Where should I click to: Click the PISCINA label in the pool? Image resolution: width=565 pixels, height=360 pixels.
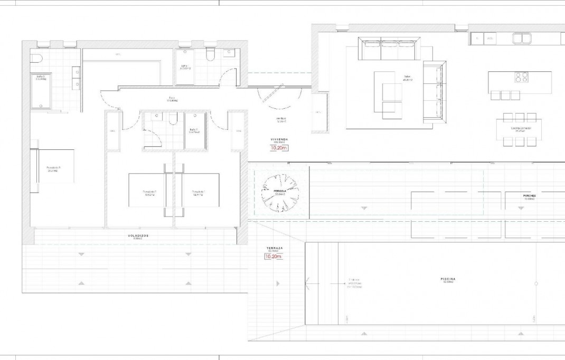pos(448,280)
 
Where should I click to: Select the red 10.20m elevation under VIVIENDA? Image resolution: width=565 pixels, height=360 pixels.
pos(278,148)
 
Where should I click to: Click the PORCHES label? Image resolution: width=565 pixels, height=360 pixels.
pos(529,196)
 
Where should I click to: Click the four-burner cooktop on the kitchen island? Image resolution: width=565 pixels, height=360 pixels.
pos(522,78)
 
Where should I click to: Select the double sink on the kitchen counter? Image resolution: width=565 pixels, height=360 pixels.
pos(522,38)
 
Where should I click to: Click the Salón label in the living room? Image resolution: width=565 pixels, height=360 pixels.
pos(407,77)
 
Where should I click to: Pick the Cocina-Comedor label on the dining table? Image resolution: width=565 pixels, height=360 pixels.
pos(521,128)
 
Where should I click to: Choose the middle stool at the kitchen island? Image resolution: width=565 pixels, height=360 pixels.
pos(505,96)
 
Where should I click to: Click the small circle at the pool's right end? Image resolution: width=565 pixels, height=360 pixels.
pos(536,283)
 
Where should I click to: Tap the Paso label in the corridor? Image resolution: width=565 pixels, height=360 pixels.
pos(172,98)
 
